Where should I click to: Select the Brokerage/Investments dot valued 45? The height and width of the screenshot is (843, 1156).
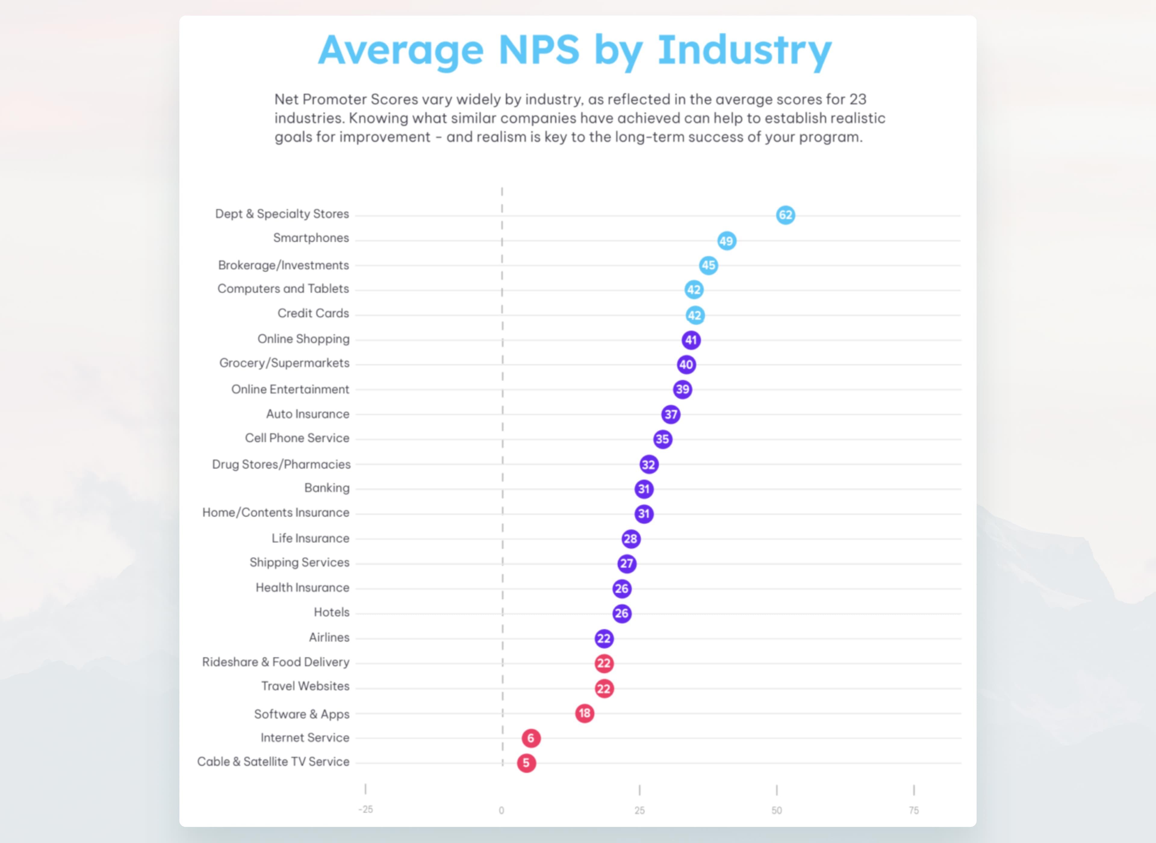click(x=708, y=265)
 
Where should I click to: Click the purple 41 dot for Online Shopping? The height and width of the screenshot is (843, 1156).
click(x=691, y=340)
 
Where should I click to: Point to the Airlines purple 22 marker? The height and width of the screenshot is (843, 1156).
click(x=604, y=638)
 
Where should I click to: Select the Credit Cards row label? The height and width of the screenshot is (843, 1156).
click(x=313, y=313)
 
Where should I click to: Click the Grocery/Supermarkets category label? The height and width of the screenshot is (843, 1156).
click(x=284, y=363)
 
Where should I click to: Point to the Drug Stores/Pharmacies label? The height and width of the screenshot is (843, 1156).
click(x=281, y=464)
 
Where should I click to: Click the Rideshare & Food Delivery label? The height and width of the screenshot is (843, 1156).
click(x=275, y=662)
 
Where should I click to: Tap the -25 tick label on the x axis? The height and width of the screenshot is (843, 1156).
click(x=365, y=809)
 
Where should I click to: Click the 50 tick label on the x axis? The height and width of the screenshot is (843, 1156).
click(x=776, y=810)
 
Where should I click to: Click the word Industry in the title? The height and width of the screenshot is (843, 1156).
click(x=745, y=50)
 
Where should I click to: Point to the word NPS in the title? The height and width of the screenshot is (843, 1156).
click(x=539, y=50)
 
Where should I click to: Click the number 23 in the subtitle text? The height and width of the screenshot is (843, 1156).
click(x=858, y=99)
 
